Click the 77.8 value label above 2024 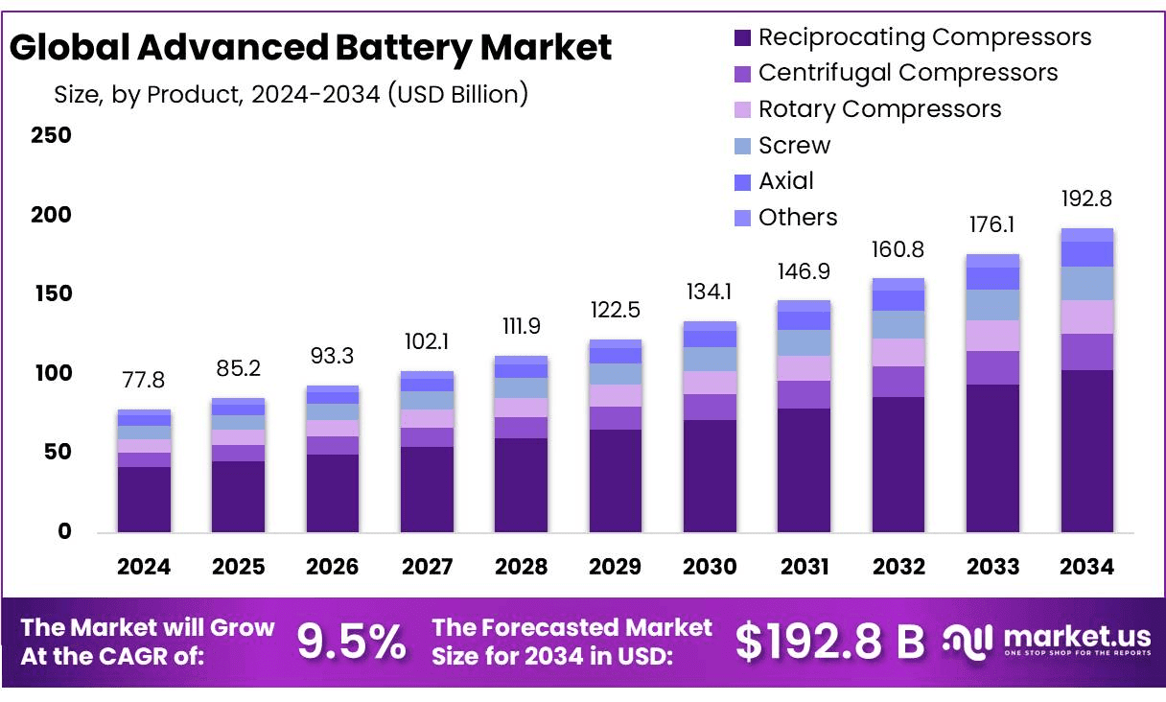pyautogui.click(x=144, y=381)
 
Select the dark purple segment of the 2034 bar pyautogui.click(x=1086, y=451)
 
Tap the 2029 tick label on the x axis pyautogui.click(x=616, y=567)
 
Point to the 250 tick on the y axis pyautogui.click(x=52, y=135)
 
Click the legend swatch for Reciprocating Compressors pyautogui.click(x=742, y=38)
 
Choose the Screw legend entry pyautogui.click(x=794, y=146)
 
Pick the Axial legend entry pyautogui.click(x=785, y=181)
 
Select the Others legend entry pyautogui.click(x=798, y=218)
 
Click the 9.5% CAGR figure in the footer pyautogui.click(x=352, y=643)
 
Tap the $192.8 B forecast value pyautogui.click(x=829, y=643)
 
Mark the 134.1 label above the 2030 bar pyautogui.click(x=710, y=292)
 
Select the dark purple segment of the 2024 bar pyautogui.click(x=144, y=499)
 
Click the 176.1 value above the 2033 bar pyautogui.click(x=992, y=225)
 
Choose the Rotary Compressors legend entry pyautogui.click(x=879, y=109)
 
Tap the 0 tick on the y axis pyautogui.click(x=64, y=531)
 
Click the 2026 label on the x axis pyautogui.click(x=333, y=567)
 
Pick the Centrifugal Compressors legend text pyautogui.click(x=908, y=73)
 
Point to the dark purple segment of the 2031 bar pyautogui.click(x=804, y=470)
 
